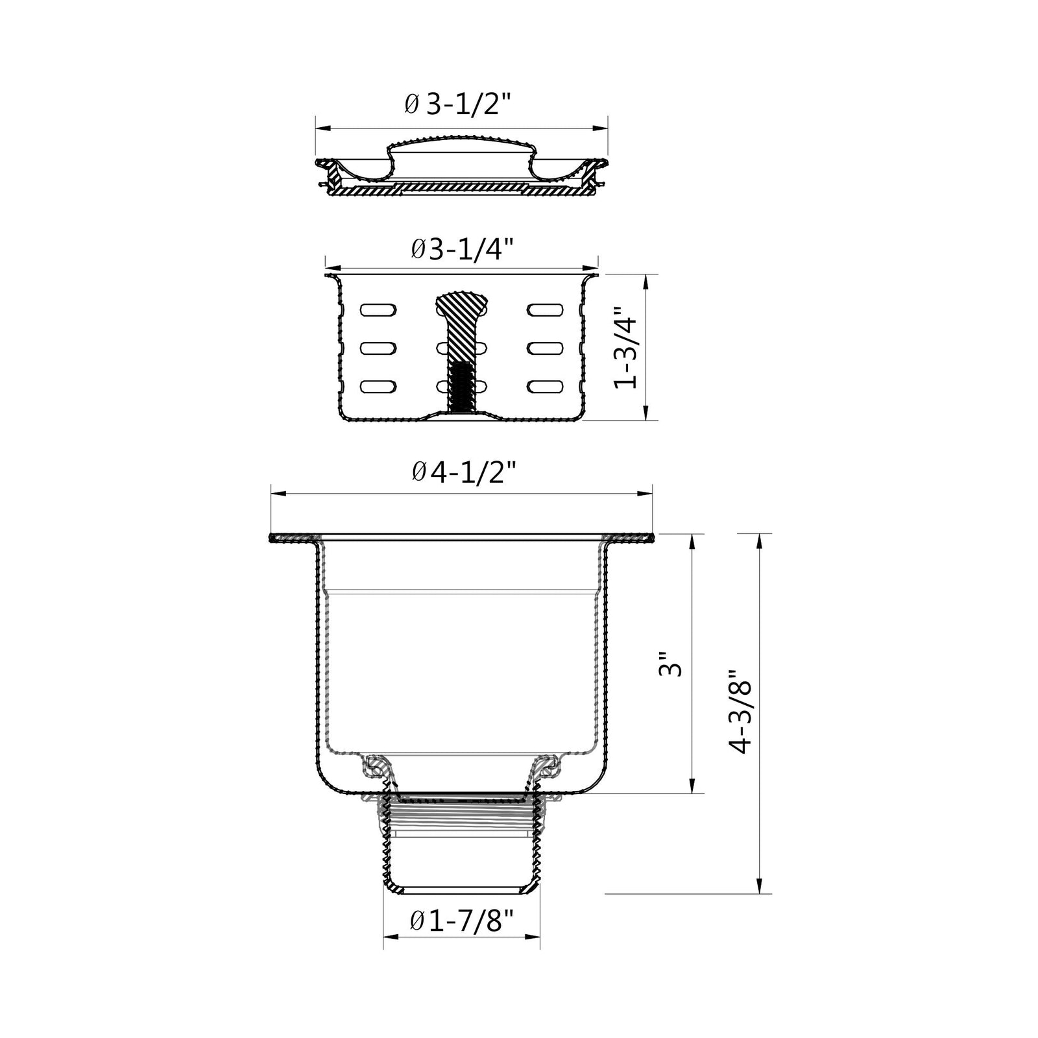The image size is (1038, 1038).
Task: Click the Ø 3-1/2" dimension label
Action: pos(458,104)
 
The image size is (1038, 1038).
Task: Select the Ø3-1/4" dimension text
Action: pos(463,249)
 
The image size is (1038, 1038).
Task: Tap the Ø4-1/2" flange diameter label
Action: pos(464,472)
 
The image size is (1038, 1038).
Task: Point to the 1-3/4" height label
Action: pos(626,347)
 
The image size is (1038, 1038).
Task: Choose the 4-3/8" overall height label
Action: pos(740,711)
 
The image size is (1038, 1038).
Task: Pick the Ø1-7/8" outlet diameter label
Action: pos(462,920)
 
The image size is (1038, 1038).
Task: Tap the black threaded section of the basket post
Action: pos(461,387)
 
